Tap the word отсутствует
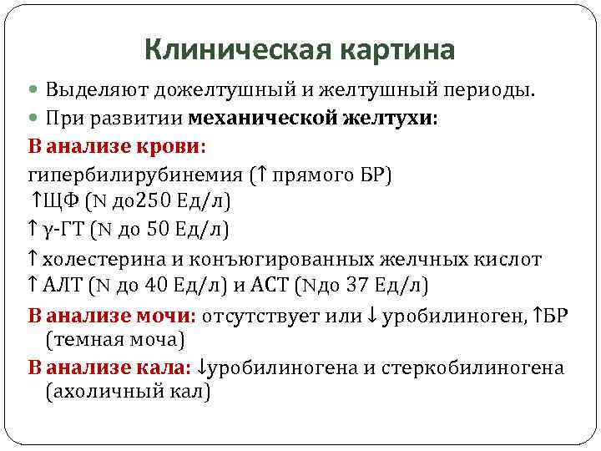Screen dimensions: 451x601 pyautogui.click(x=265, y=317)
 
